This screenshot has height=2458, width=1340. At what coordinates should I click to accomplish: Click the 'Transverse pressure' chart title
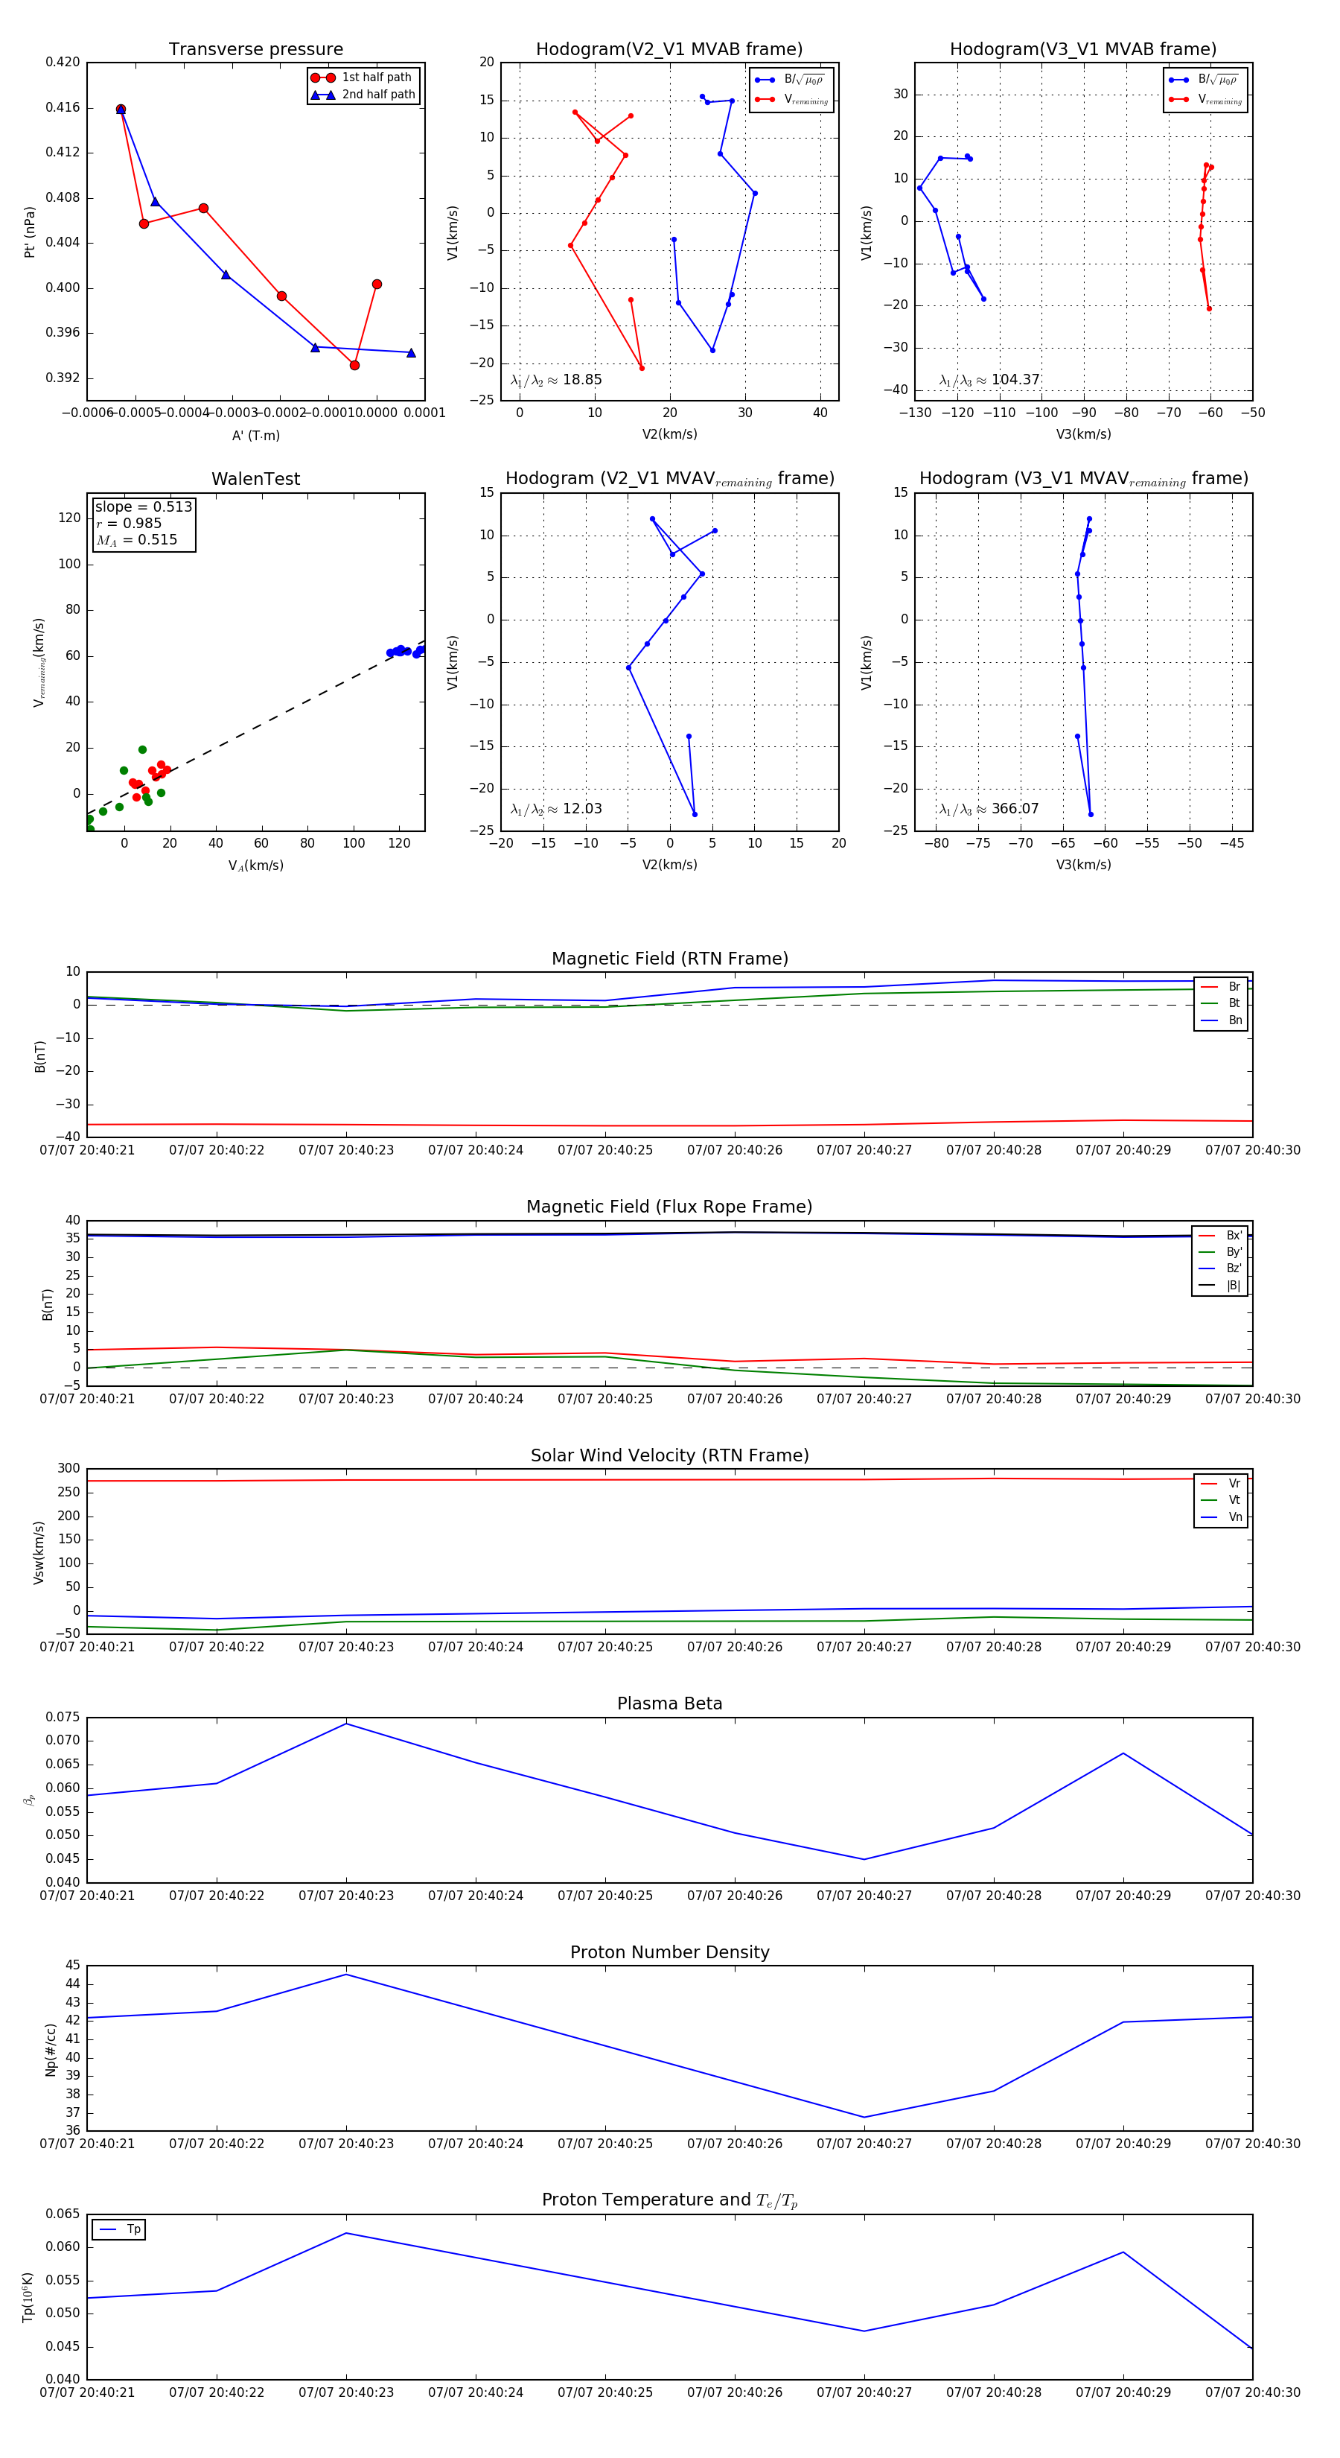point(255,50)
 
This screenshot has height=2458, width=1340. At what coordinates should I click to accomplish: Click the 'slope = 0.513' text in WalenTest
point(143,506)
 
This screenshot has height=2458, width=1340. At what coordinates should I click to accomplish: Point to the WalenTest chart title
point(255,479)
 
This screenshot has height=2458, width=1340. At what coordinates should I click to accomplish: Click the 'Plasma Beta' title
point(669,1703)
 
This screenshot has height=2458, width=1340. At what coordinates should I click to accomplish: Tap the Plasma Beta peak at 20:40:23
point(346,1724)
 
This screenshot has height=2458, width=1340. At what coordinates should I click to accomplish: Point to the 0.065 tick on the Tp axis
point(63,2214)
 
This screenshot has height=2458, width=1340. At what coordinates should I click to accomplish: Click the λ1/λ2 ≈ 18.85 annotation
point(556,380)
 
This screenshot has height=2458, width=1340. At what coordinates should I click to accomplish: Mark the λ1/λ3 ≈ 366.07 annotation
point(989,809)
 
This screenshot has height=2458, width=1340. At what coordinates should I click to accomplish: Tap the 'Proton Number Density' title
point(669,1952)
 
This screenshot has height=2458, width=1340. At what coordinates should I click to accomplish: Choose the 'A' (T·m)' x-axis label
point(255,435)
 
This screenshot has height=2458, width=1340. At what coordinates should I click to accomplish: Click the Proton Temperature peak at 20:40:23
point(346,2233)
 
